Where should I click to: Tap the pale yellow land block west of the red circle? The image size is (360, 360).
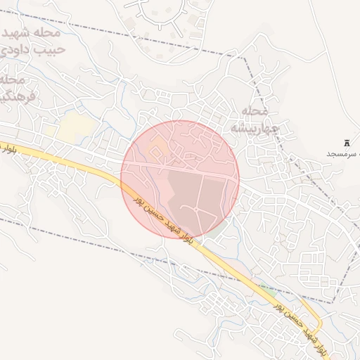(76, 127)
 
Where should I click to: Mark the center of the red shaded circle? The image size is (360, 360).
(180, 179)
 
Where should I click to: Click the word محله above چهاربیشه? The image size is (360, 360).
(255, 111)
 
